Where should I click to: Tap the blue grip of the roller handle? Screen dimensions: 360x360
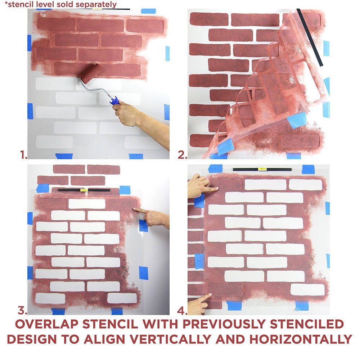point(115,100)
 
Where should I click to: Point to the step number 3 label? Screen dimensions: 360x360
point(22,310)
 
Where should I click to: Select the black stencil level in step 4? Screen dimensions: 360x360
point(262,169)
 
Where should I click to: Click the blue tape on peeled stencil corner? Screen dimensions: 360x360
point(297,120)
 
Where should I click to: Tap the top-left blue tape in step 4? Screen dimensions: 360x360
point(215,168)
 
